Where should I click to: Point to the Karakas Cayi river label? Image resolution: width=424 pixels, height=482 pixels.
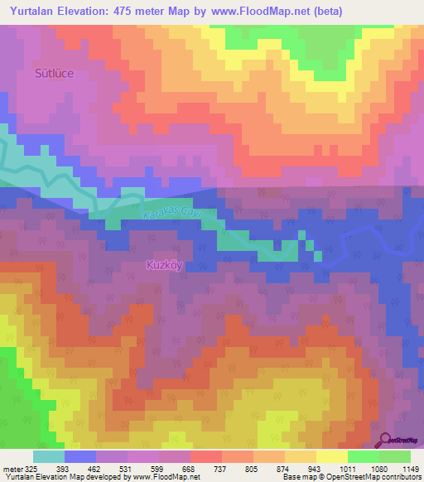tap(173, 214)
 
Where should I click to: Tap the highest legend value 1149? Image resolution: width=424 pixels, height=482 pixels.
tap(412, 469)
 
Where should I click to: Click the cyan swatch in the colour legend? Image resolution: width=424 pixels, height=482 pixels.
tap(48, 456)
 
